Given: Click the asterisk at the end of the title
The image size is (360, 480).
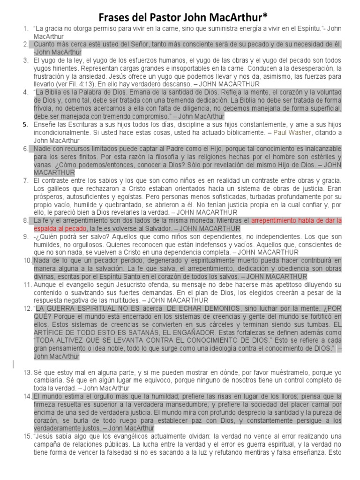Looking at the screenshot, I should [x=265, y=16].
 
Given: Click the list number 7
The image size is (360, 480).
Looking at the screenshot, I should [x=26, y=180].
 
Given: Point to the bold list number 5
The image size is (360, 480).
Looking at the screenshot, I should [x=26, y=125].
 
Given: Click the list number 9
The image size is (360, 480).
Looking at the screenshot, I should [x=26, y=236].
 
